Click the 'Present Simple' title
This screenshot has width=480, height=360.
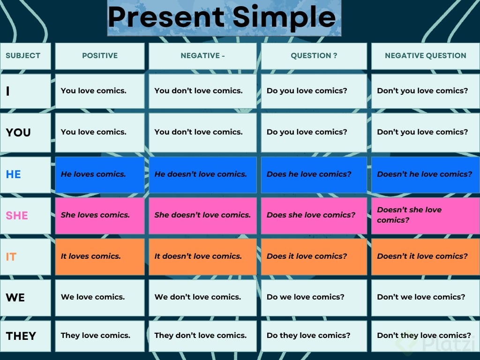pos(222,17)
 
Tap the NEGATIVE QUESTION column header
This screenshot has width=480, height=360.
pos(426,56)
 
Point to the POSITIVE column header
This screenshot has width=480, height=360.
pos(100,56)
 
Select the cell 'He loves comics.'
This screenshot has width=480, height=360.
pos(100,174)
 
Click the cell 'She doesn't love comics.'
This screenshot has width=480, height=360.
pos(202,216)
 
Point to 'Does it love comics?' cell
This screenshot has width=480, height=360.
pos(314,256)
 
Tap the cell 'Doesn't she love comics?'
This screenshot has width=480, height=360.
pos(426,216)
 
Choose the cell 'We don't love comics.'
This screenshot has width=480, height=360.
pos(202,298)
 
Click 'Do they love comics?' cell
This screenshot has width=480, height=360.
pos(314,336)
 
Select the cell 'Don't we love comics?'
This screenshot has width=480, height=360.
pos(426,298)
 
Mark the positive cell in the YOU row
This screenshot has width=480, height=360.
pos(100,132)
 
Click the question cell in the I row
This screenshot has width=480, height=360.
pos(314,91)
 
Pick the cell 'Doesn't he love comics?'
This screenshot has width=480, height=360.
pos(426,174)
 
